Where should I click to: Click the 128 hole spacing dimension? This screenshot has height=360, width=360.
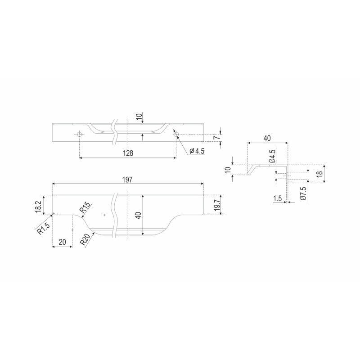[128, 153]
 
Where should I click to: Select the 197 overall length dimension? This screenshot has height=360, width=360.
[127, 180]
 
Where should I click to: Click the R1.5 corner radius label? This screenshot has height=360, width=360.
[43, 228]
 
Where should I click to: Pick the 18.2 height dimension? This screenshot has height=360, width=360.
[38, 207]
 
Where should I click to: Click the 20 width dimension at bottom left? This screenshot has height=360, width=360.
[62, 242]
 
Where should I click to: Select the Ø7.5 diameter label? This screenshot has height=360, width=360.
[303, 193]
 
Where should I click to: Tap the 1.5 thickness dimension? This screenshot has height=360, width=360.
[277, 198]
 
